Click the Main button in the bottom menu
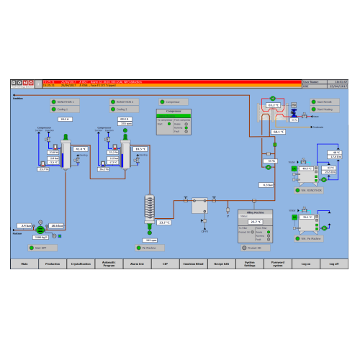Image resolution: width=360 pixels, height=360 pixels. tap(24, 264)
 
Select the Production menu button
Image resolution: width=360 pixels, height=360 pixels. tap(52, 264)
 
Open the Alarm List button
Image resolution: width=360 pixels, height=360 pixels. tap(137, 264)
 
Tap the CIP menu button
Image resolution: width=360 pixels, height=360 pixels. tap(165, 264)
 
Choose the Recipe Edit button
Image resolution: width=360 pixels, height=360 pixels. tap(221, 264)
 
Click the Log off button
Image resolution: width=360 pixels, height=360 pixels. tap(334, 264)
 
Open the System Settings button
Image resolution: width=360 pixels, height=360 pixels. tap(249, 264)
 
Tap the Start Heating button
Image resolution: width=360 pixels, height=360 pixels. tap(326, 109)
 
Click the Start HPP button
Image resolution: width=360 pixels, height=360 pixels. tap(45, 247)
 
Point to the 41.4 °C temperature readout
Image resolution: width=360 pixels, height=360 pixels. tap(80, 149)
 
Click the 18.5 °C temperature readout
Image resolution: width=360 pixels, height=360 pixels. tap(139, 149)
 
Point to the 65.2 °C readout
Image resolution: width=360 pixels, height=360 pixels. tap(274, 105)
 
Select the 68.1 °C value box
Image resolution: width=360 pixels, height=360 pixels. tap(278, 132)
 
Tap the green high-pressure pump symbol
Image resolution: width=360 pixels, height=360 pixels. tap(40, 229)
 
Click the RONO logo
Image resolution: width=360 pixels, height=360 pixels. tap(24, 84)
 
